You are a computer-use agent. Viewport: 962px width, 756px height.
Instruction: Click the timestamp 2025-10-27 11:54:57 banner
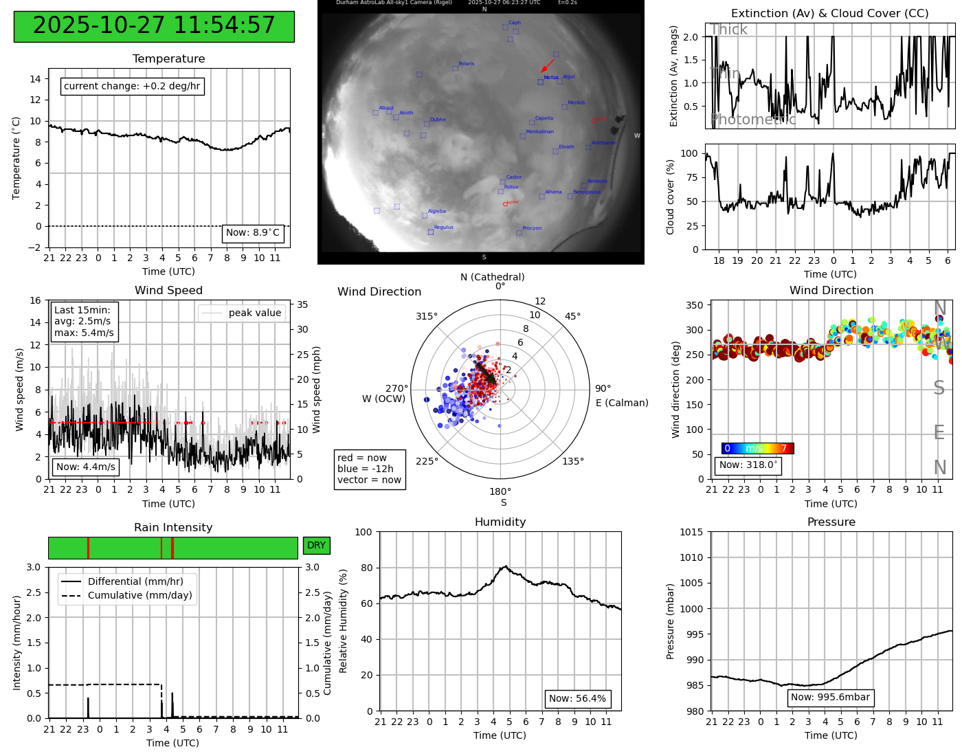coord(154,26)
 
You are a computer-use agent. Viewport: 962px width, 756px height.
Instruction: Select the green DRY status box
coord(316,545)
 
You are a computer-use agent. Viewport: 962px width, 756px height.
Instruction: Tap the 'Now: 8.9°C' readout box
coord(253,233)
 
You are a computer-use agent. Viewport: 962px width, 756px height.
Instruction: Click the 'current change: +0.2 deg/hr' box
coord(132,86)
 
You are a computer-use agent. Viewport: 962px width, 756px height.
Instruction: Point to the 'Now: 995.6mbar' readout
coord(830,698)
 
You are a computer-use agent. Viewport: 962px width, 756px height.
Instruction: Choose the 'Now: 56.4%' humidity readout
coord(577,699)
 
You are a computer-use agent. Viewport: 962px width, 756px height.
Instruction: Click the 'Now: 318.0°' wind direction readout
coord(748,465)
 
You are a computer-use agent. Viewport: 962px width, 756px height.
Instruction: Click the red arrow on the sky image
coord(548,65)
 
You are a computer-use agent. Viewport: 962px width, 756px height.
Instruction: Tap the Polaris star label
coord(466,64)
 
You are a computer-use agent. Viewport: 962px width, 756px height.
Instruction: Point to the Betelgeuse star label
coord(586,192)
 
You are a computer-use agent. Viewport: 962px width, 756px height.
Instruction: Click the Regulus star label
coord(443,227)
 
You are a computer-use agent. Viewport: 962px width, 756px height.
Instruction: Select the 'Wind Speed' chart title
coord(168,290)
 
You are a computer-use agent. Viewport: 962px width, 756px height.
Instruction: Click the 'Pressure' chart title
coord(831,522)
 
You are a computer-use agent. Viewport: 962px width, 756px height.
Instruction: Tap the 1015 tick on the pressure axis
coord(691,532)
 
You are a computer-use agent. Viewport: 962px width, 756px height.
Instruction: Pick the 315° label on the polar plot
coord(426,316)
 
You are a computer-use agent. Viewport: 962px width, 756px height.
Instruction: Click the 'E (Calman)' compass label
coord(622,403)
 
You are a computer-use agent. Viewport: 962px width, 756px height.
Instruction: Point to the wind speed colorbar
coord(757,448)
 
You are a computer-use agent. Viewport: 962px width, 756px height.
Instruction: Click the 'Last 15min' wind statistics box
coord(84,321)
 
